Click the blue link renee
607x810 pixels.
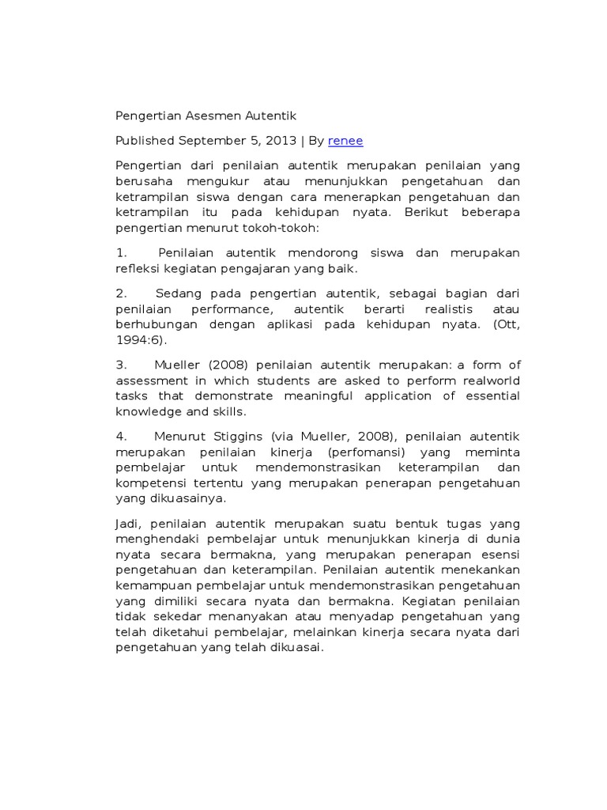tap(345, 141)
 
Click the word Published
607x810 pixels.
tap(145, 141)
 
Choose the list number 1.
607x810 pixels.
tap(121, 253)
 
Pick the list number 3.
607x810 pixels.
tap(121, 365)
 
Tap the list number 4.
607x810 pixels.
tap(121, 436)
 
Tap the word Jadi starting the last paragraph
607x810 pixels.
tap(128, 524)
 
